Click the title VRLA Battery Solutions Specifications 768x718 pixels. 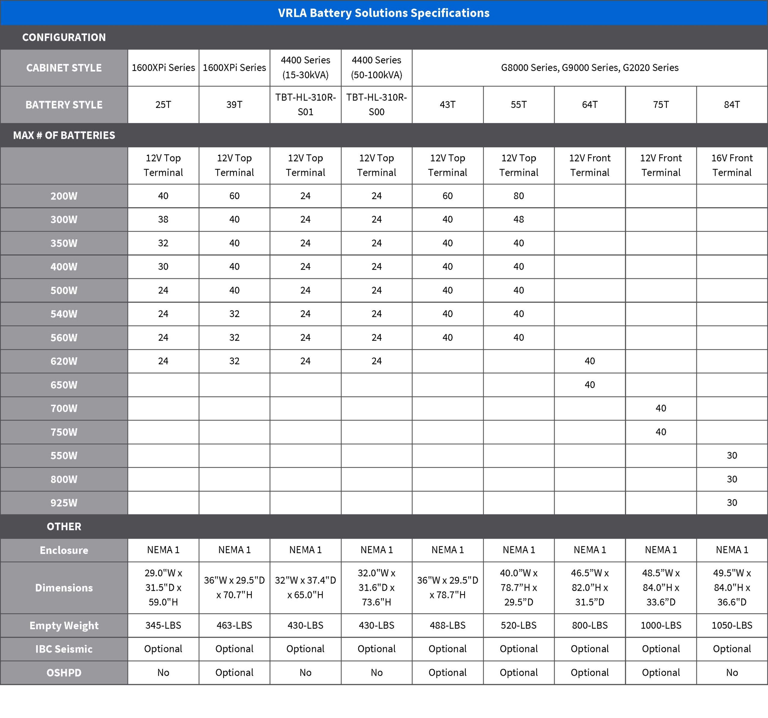click(384, 13)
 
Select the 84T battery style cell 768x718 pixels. click(732, 105)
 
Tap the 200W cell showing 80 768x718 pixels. click(518, 196)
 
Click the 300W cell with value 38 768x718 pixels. click(163, 219)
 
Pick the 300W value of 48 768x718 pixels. click(518, 219)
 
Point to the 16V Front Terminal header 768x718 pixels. click(732, 165)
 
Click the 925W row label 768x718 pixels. click(64, 502)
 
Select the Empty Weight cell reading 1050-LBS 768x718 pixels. click(732, 625)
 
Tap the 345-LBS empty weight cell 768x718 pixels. click(163, 625)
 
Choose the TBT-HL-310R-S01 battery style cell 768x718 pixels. click(305, 105)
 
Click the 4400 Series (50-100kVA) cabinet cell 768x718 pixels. click(376, 67)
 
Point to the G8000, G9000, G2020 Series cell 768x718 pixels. click(589, 67)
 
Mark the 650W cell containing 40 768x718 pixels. click(589, 385)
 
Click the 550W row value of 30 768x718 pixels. click(732, 455)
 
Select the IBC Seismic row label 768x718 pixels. click(64, 649)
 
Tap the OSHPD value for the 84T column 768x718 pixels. click(732, 672)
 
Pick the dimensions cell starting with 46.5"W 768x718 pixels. click(589, 588)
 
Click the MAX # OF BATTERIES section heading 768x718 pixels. click(64, 135)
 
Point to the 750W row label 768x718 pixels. click(64, 432)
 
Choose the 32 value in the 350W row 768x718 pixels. click(163, 243)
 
